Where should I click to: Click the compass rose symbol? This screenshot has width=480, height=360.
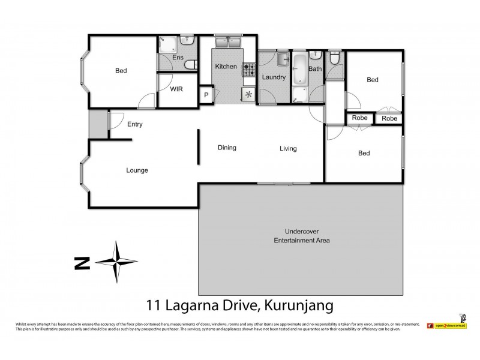(117, 260)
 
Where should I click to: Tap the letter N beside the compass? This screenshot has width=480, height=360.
(77, 262)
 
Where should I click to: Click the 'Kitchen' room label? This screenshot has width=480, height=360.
(226, 66)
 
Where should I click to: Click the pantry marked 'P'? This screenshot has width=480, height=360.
(206, 94)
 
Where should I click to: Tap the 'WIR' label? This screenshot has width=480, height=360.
(176, 89)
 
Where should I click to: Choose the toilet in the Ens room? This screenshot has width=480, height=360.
(190, 65)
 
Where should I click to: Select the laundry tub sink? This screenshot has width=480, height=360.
(283, 59)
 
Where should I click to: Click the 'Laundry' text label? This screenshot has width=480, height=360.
(272, 77)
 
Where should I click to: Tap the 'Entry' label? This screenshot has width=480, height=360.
(135, 124)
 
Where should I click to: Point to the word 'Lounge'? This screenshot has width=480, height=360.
(137, 170)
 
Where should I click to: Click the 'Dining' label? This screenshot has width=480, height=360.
(227, 148)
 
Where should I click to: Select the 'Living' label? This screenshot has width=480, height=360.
(288, 148)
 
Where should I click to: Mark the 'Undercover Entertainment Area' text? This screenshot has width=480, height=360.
(302, 236)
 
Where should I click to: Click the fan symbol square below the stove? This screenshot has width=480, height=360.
(248, 94)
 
